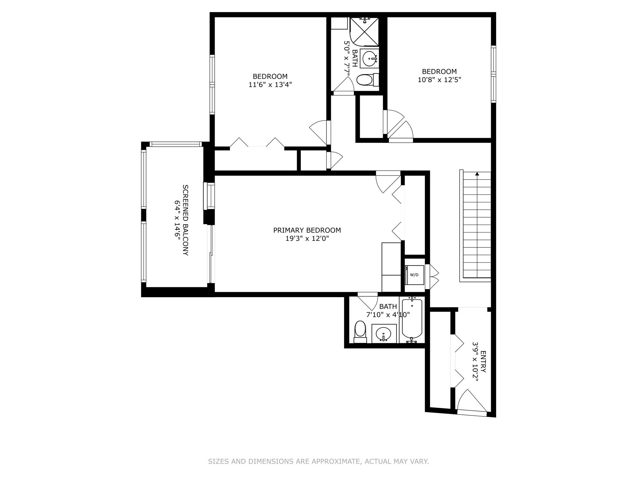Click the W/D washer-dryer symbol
click(414, 275)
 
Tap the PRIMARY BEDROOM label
click(307, 230)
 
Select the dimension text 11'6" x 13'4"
click(270, 84)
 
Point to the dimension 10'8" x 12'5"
click(439, 80)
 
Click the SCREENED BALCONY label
click(185, 220)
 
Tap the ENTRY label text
click(483, 362)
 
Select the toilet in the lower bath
click(360, 331)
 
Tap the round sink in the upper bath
click(370, 58)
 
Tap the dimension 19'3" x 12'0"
click(307, 239)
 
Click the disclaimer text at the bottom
click(318, 461)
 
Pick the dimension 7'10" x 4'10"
click(388, 315)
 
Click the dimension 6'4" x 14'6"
click(177, 220)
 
